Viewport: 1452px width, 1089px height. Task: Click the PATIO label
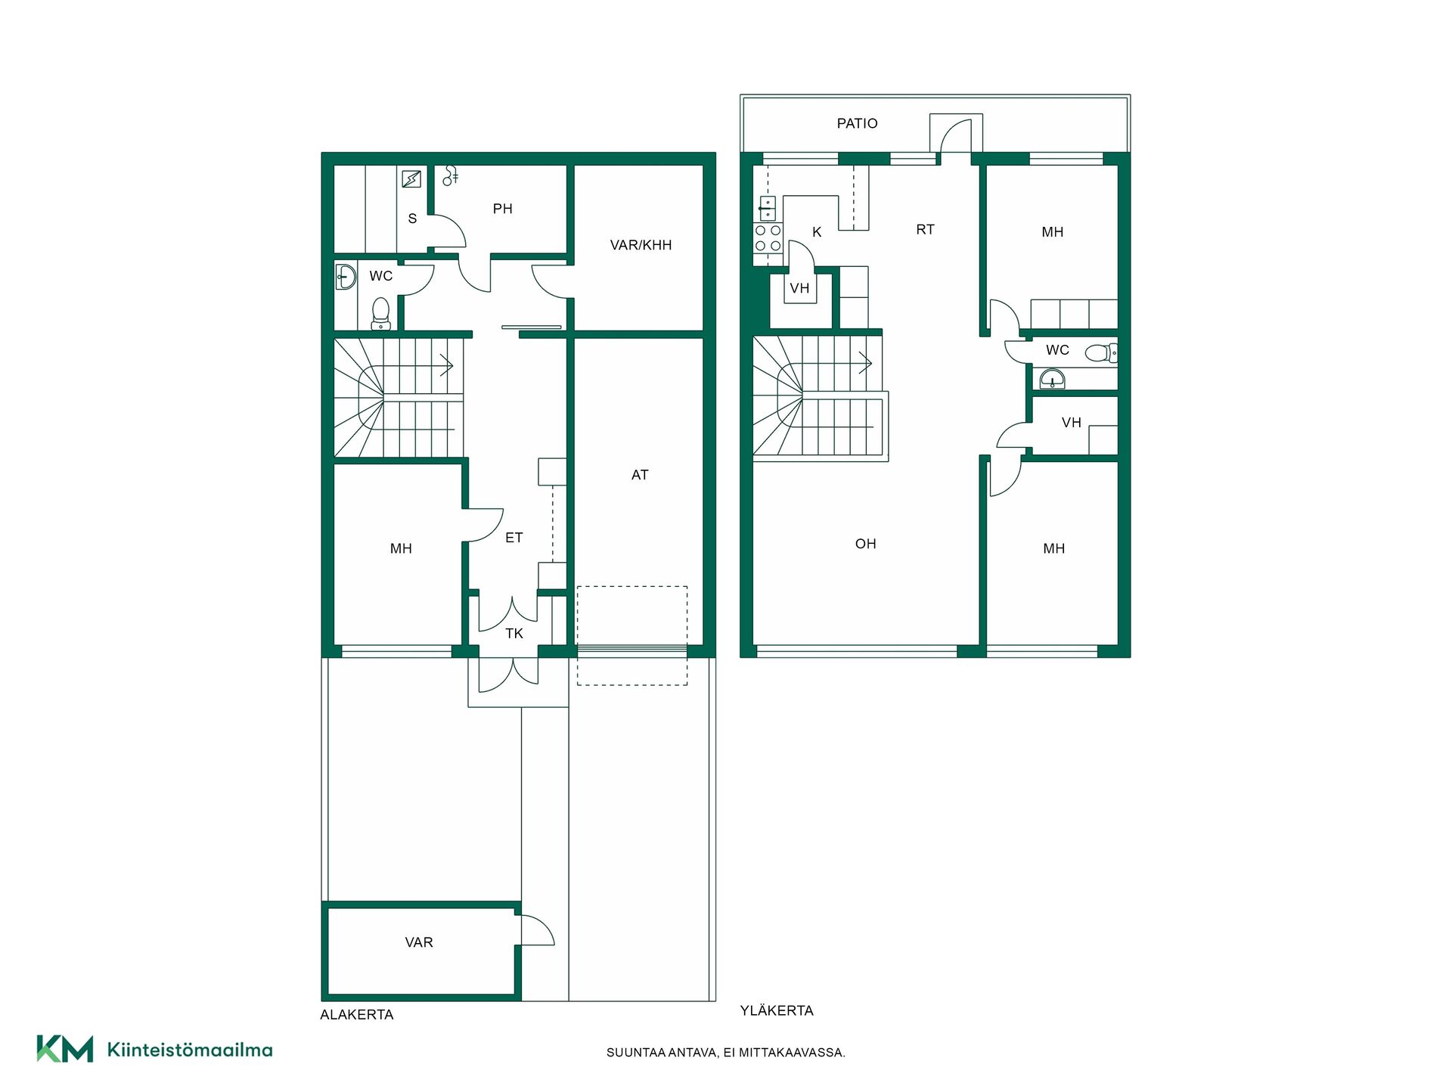857,123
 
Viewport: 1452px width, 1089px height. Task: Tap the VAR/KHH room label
641,245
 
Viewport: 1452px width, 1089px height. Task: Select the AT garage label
640,475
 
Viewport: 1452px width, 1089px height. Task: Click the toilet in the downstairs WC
380,313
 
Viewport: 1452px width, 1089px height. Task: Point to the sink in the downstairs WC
346,277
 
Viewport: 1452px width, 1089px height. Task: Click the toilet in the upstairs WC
1100,352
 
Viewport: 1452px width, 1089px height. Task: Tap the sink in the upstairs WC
1052,379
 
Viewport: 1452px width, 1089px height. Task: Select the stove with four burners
768,237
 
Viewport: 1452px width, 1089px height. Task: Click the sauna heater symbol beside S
411,178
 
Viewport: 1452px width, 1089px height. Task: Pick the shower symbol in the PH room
450,175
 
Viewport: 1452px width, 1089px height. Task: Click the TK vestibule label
514,634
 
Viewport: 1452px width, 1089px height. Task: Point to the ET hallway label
514,538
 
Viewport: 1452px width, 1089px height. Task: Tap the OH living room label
866,544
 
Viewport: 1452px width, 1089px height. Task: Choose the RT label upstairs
926,229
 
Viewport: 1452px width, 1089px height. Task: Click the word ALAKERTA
357,1015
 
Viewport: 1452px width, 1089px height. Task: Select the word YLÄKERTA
777,1010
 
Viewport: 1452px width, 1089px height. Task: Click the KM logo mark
65,1049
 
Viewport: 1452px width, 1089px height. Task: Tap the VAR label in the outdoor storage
419,942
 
